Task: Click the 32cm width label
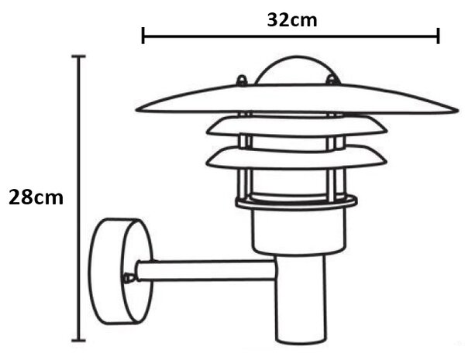point(292,20)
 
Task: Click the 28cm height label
point(36,197)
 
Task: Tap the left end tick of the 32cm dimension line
point(143,36)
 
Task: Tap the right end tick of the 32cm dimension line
point(438,36)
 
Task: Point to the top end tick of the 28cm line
point(78,57)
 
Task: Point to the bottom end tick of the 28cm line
point(78,341)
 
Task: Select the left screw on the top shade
point(242,81)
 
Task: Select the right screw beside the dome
point(332,80)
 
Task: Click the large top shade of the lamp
point(297,99)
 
